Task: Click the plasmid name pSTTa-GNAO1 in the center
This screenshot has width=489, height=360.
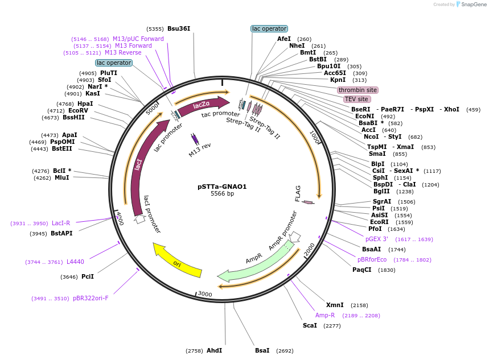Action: click(221, 186)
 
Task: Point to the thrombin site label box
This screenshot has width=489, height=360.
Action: click(357, 90)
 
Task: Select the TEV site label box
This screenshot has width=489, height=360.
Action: click(356, 99)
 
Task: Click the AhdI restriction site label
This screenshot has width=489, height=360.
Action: click(214, 350)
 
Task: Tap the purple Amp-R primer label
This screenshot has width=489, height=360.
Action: click(325, 315)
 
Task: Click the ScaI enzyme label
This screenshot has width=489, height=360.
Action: click(310, 326)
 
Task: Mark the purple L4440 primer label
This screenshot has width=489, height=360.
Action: click(75, 262)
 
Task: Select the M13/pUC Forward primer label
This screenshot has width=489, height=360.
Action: click(138, 39)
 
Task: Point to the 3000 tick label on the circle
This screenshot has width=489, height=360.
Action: click(204, 293)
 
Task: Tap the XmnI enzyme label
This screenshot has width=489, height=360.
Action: click(334, 305)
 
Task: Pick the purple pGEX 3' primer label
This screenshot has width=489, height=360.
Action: click(376, 239)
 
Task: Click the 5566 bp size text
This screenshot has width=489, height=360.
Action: click(222, 194)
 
